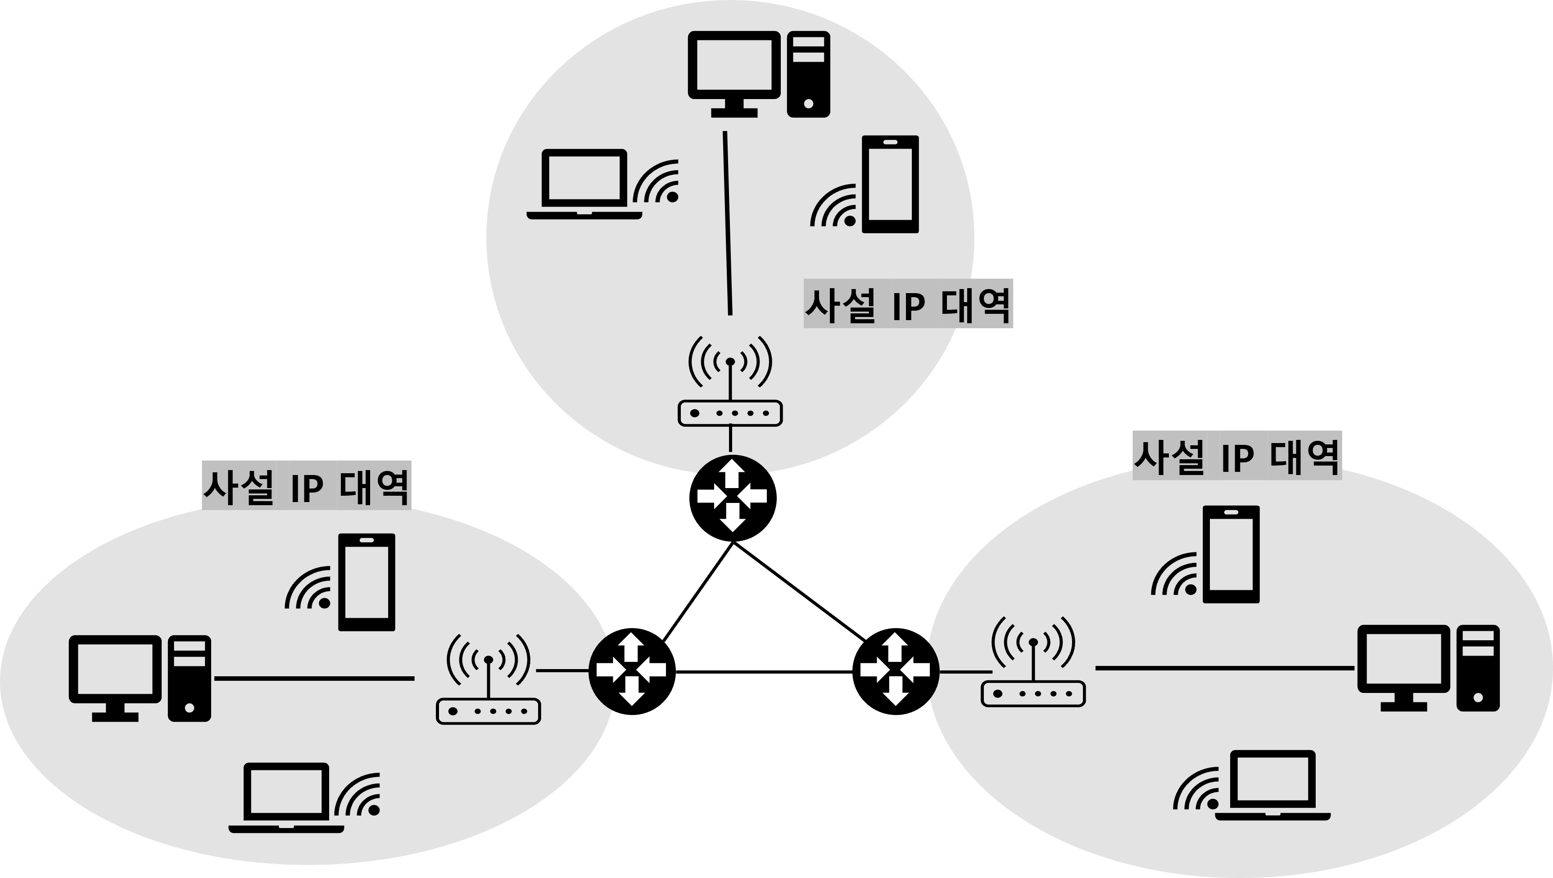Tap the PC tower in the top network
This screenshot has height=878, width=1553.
point(808,74)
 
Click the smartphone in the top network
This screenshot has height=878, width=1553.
point(891,184)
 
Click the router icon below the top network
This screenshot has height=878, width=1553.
point(732,494)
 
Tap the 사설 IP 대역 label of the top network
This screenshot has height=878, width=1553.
point(908,304)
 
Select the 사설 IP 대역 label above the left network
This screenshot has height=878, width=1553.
point(306,486)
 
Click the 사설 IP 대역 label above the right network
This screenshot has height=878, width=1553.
point(1236,456)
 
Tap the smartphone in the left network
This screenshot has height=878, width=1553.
point(367,582)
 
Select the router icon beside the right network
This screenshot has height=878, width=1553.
point(895,670)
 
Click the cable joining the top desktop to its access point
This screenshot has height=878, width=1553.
point(728,223)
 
